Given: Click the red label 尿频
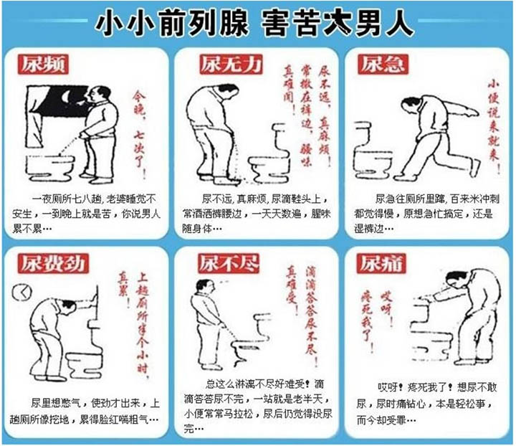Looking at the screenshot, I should pos(42,65).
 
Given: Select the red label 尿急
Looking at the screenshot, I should pos(384,65).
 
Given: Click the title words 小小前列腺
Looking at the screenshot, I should pos(169,23).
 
